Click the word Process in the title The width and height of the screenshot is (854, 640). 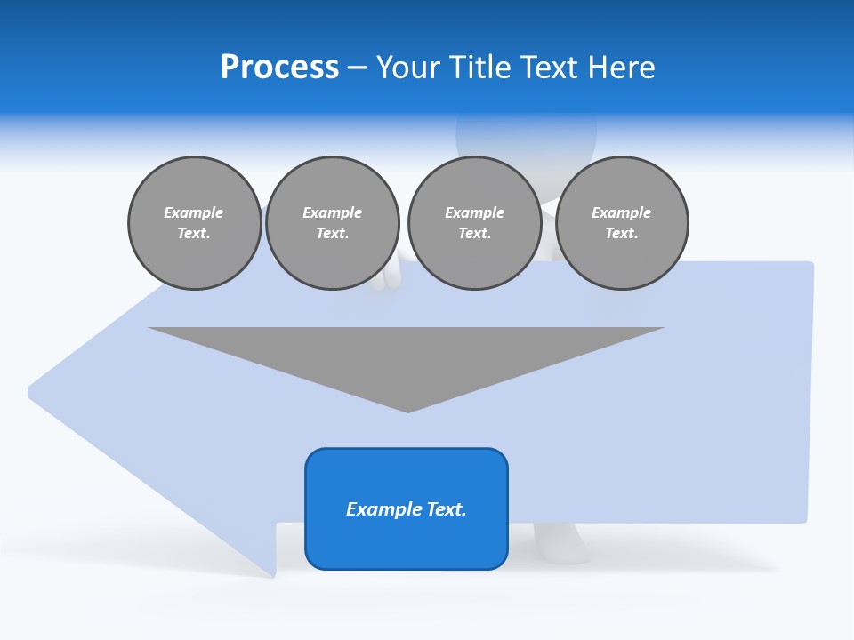tap(279, 68)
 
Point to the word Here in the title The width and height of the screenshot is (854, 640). tap(623, 68)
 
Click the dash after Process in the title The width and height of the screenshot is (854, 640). tap(358, 68)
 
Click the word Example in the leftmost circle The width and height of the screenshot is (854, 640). tap(194, 212)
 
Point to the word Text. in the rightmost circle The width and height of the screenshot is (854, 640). tap(622, 233)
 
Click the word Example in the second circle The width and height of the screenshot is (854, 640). tap(332, 212)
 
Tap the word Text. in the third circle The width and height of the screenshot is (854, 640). tap(474, 233)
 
